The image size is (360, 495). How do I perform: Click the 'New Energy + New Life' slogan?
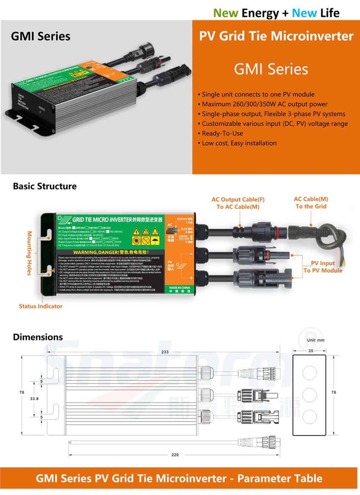(276, 13)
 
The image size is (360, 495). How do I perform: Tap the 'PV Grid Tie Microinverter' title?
(276, 36)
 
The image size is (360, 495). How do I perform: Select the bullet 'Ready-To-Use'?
(222, 133)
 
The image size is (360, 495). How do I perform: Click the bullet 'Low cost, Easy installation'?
(239, 143)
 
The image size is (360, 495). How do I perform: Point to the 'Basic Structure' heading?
(45, 186)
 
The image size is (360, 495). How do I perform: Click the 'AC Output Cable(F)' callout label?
(238, 199)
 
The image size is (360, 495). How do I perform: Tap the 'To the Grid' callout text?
(311, 206)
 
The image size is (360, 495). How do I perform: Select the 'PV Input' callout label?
(323, 263)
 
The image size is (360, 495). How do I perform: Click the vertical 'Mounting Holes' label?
(30, 253)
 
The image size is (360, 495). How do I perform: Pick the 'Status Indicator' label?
(41, 306)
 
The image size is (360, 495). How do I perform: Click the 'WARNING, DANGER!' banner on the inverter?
(111, 252)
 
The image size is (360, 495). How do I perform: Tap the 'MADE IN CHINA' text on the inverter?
(180, 288)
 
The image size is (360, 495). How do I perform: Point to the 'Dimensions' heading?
(38, 337)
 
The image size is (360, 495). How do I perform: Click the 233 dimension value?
(165, 352)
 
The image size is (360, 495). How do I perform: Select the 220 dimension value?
(175, 455)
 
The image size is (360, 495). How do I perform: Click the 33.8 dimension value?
(34, 399)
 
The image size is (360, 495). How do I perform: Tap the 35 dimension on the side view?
(311, 351)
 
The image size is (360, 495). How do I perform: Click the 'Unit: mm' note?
(316, 340)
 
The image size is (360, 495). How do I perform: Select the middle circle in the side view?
(309, 395)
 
